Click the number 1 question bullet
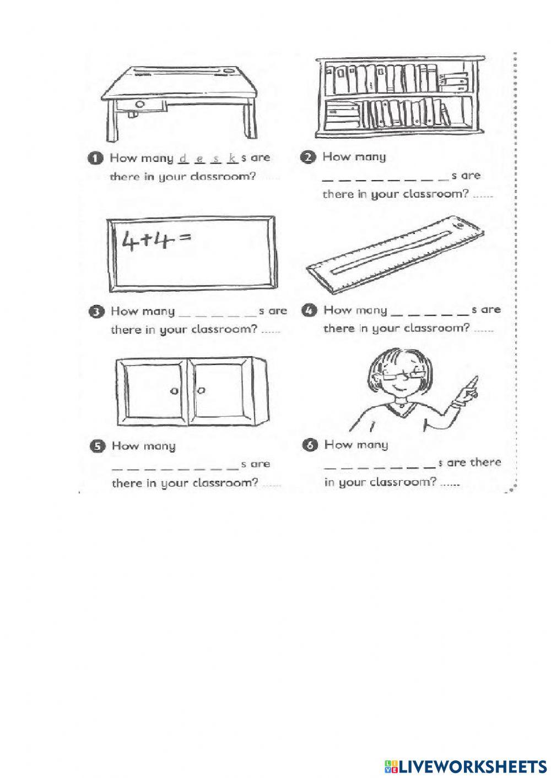coord(95,159)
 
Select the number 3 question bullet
coord(95,312)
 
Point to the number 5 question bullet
coord(96,447)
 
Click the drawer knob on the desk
coord(140,105)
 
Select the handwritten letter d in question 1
coord(182,159)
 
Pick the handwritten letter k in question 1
coord(233,159)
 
